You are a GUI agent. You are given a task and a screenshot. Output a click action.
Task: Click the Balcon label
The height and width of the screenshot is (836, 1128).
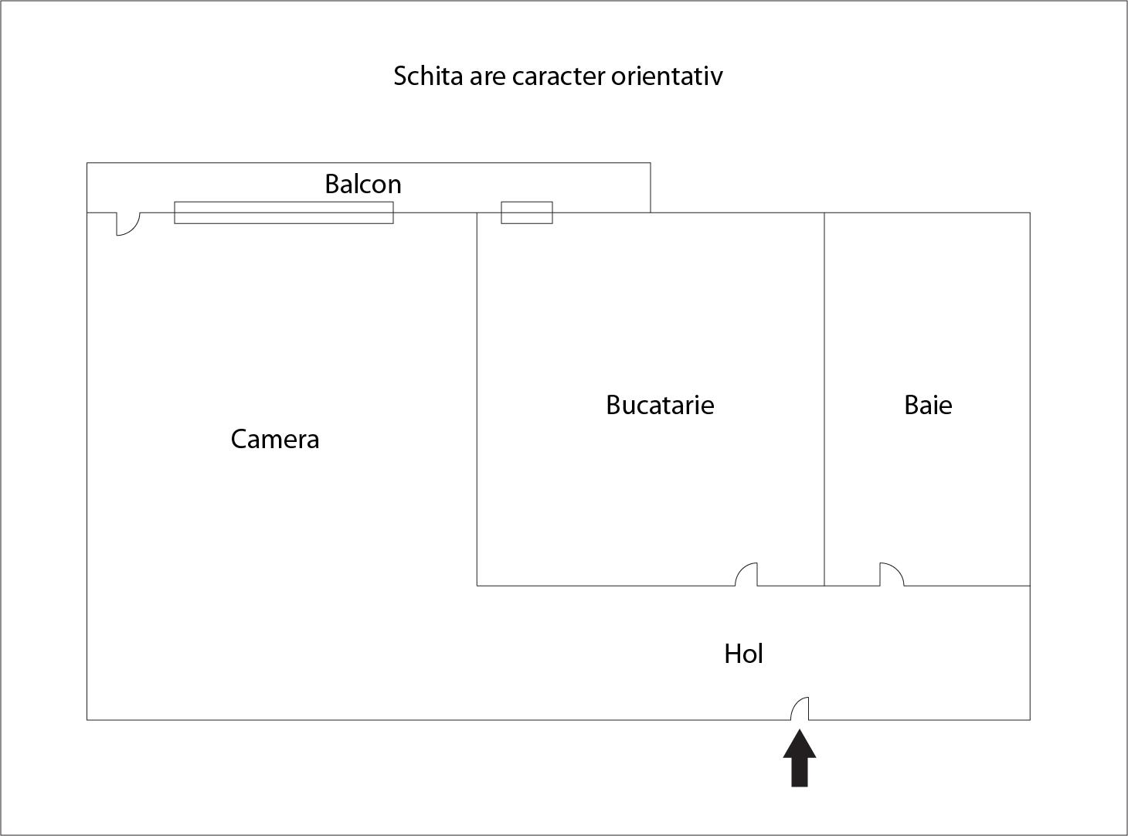(363, 184)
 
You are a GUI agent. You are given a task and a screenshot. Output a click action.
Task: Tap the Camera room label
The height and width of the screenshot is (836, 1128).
(274, 439)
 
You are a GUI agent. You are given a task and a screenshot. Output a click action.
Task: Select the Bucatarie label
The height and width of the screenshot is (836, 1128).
(660, 405)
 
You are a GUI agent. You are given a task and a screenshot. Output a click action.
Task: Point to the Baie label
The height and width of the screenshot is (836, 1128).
(928, 405)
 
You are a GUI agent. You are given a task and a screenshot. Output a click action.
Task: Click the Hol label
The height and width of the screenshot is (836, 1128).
(743, 654)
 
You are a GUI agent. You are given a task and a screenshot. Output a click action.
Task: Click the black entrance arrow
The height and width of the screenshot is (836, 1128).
(800, 758)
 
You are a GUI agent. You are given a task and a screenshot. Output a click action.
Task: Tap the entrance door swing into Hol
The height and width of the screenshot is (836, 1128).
(800, 709)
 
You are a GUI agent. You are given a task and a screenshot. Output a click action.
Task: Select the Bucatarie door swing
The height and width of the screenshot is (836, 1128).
(746, 575)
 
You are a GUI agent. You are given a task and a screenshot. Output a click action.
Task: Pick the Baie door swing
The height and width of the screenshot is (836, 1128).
(892, 575)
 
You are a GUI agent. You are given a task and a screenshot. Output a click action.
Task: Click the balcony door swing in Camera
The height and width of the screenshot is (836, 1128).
(128, 224)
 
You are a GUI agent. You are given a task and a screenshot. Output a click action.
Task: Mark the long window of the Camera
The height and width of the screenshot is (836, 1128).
(284, 212)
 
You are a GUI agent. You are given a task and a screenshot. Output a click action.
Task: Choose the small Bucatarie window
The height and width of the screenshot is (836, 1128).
(527, 212)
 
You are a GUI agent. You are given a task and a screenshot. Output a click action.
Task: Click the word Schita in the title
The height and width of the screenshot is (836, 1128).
(428, 76)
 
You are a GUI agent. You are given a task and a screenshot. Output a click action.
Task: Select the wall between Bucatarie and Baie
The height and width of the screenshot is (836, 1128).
(824, 399)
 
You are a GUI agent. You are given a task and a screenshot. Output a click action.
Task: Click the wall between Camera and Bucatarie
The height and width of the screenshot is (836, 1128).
(477, 399)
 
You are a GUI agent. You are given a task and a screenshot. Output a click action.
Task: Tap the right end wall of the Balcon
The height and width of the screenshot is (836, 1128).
(651, 188)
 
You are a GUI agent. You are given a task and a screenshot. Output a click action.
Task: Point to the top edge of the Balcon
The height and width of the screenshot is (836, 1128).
(369, 163)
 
